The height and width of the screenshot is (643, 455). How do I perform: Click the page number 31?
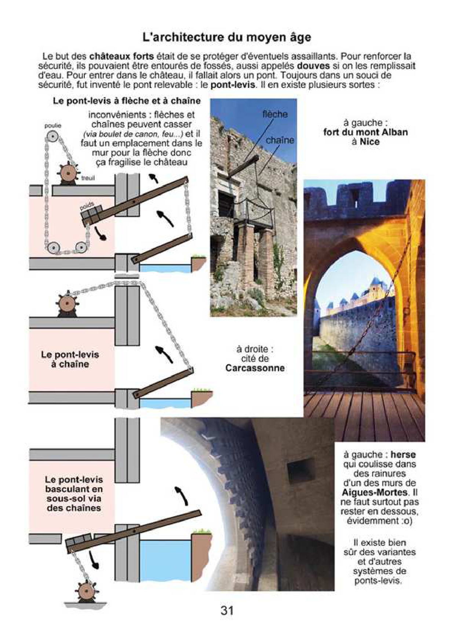pos(227,610)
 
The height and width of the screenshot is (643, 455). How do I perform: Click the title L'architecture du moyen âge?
pos(227,37)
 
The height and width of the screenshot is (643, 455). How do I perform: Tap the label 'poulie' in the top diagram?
pos(53,126)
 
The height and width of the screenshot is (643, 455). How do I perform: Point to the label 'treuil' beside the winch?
pos(88,178)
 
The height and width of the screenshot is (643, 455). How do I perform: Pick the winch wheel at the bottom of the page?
pos(85,591)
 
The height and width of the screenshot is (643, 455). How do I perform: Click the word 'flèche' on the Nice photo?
pos(275,114)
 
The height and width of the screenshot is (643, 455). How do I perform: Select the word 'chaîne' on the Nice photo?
pos(280,140)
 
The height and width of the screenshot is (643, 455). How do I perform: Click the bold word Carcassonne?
pos(255,368)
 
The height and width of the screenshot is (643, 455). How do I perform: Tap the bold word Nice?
pos(370,142)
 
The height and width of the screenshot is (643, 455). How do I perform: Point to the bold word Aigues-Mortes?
pos(374,492)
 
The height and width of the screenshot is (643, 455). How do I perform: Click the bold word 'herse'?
pos(403,455)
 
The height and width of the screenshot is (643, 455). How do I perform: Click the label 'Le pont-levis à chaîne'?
pos(70,359)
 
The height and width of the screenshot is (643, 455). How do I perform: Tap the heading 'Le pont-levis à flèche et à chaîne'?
pos(127,101)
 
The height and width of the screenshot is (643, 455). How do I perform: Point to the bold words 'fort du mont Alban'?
pos(365,132)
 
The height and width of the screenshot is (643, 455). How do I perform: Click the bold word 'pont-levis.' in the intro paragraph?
pos(233,85)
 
